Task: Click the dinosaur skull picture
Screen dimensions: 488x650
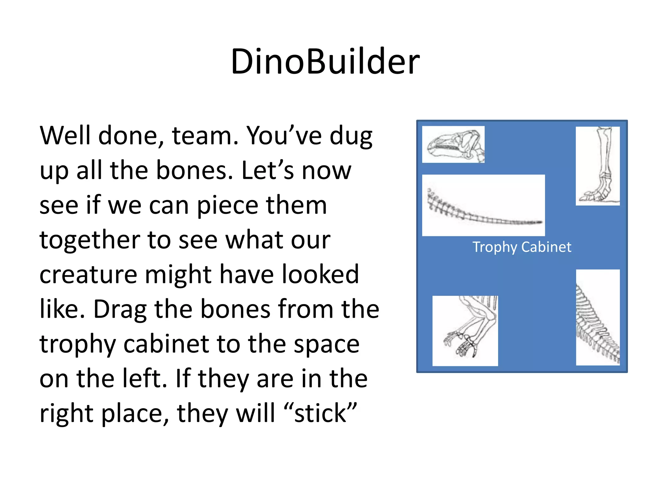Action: click(x=453, y=145)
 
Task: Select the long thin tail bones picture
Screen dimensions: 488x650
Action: click(x=483, y=205)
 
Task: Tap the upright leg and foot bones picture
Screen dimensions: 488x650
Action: click(x=598, y=166)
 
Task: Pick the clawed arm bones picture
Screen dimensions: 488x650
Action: click(x=465, y=331)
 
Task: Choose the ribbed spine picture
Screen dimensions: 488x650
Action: click(x=598, y=317)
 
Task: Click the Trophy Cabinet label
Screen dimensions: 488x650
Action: click(x=522, y=247)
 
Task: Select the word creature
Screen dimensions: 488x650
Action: click(x=88, y=274)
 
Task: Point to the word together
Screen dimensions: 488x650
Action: click(x=90, y=240)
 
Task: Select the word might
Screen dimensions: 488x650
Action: click(x=178, y=274)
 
